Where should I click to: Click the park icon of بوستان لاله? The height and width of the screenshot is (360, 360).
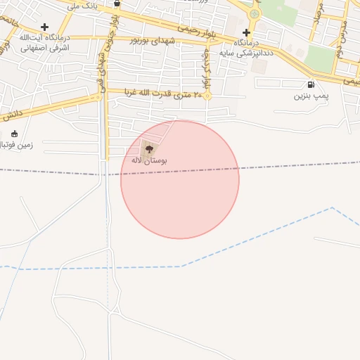pos(148,148)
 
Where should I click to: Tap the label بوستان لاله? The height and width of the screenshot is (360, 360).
pos(149,160)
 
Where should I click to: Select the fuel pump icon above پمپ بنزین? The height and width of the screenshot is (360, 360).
pos(311,85)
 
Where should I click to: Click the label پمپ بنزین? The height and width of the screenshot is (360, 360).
pos(310,96)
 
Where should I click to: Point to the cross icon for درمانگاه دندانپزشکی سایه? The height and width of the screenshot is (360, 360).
pos(246,32)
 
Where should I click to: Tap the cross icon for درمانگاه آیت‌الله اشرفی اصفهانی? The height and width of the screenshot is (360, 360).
pos(44,27)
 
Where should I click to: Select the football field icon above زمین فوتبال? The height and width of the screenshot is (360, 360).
pos(14,134)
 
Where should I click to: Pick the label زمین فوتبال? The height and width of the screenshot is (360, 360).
pos(15,144)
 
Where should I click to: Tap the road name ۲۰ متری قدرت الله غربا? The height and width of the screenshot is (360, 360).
pos(163,93)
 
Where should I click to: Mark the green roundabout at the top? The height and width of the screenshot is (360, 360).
pos(255,13)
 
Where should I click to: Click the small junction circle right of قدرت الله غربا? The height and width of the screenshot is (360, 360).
pos(207,96)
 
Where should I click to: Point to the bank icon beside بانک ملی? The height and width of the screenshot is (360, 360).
pos(117,4)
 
